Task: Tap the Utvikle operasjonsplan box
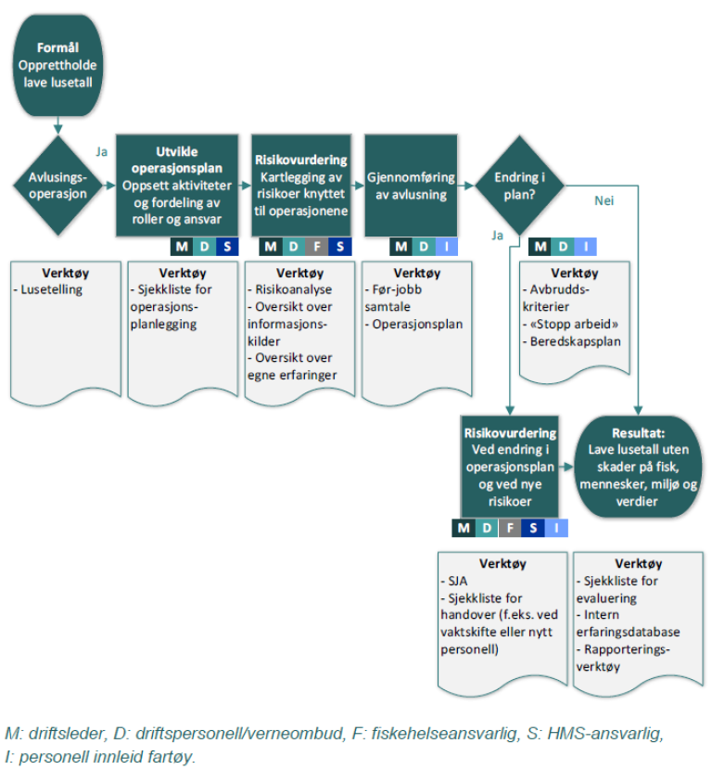(177, 186)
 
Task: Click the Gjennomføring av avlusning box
(411, 186)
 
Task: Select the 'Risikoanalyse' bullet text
(292, 289)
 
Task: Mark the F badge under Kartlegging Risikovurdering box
(317, 247)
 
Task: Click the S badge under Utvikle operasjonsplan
(227, 247)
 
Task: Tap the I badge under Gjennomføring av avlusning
(446, 247)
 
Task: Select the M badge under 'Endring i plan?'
(540, 247)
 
